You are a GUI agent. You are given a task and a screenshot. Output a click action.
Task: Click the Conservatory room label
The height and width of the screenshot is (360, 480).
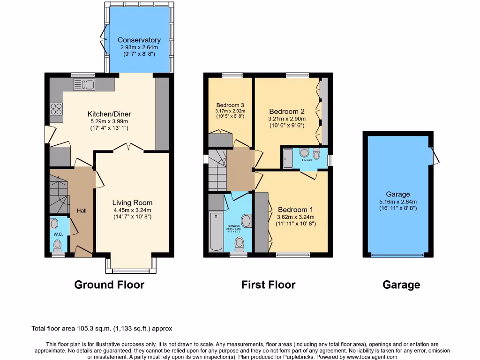point(139,40)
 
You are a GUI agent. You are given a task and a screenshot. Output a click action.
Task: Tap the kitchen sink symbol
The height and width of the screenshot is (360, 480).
point(84,84)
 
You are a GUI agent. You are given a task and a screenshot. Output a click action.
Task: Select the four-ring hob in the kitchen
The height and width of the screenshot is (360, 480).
point(56,109)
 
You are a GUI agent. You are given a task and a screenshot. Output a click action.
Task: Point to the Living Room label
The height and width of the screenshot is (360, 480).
point(132,202)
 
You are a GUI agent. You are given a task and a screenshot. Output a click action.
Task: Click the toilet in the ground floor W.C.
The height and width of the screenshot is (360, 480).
point(58,245)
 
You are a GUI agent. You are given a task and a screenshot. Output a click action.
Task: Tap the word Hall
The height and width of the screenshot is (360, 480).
point(82,211)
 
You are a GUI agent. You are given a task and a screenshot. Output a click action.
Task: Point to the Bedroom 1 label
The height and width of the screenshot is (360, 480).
point(295,210)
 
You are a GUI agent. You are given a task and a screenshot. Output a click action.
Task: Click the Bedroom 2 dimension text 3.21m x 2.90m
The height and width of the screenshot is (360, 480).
point(287,119)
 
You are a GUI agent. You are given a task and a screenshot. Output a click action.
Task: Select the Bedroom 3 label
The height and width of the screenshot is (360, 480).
point(230,105)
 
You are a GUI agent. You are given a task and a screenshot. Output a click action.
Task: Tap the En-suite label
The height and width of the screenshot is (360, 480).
point(307,160)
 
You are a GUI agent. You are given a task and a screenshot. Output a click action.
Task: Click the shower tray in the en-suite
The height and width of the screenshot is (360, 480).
point(288,158)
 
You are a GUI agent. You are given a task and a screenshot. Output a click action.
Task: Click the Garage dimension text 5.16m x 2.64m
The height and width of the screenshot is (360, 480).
point(398,202)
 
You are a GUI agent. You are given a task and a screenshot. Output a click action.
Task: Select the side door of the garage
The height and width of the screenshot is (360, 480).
point(435,155)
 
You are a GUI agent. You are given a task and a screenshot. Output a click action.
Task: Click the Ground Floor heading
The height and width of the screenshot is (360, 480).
point(109,285)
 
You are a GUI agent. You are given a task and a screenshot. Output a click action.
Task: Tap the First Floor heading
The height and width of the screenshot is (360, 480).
point(268,285)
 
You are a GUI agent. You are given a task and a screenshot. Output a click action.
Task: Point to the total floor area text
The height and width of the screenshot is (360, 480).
point(105,329)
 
